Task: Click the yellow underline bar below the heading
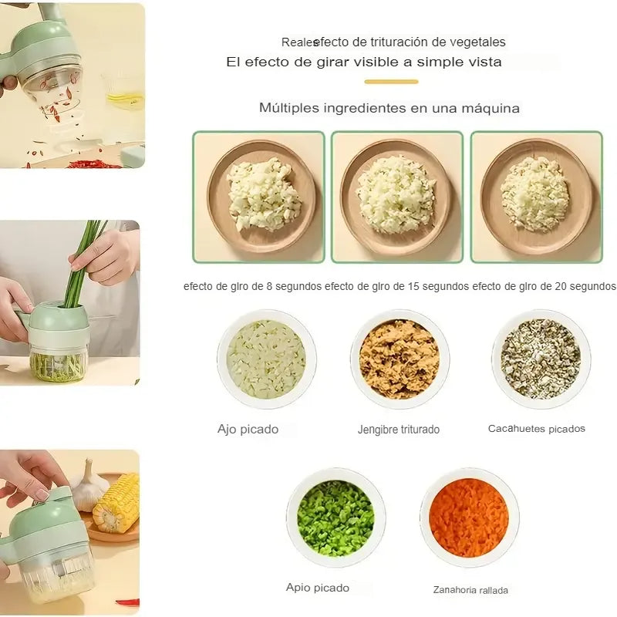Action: (x=391, y=82)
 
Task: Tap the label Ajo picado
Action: (x=248, y=429)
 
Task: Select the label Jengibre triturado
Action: (x=399, y=430)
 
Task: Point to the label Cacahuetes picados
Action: (x=536, y=429)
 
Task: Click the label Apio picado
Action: (x=318, y=588)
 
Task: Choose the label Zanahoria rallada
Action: (x=470, y=590)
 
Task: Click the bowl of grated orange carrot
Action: (x=469, y=517)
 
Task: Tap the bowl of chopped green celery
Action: (x=335, y=518)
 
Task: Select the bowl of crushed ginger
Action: (x=400, y=359)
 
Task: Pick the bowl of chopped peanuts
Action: (x=541, y=359)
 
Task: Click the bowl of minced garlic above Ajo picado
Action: (x=266, y=359)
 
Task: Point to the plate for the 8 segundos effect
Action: (x=261, y=197)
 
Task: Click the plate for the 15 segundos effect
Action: (x=396, y=197)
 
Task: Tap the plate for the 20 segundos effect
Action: (x=536, y=197)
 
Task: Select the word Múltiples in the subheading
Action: (x=288, y=108)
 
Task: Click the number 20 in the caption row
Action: (x=561, y=286)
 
